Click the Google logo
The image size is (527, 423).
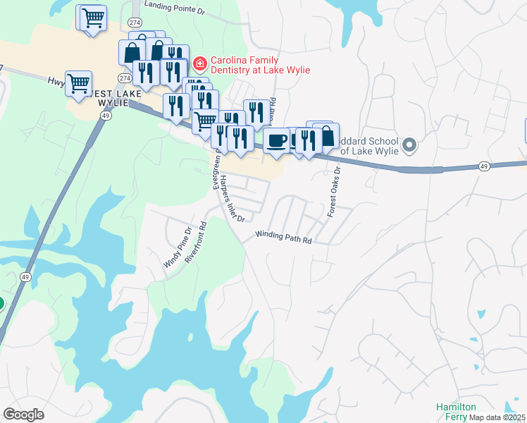tap(23, 414)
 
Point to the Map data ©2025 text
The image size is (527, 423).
tap(498, 417)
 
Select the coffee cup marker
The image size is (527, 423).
tap(276, 140)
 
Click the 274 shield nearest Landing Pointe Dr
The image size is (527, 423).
tap(134, 23)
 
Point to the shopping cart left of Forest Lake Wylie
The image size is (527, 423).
tap(78, 82)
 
